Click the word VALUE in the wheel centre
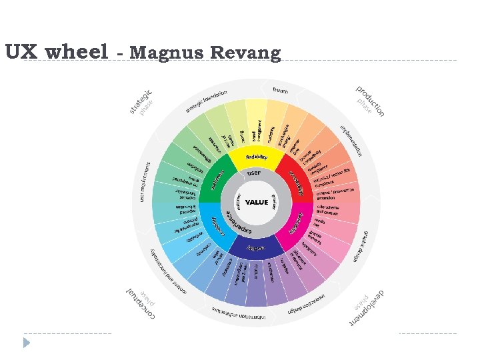point(257,202)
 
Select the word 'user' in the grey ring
point(254,173)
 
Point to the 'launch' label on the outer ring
point(281,90)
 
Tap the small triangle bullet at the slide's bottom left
point(27,343)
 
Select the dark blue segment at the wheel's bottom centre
point(256,247)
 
